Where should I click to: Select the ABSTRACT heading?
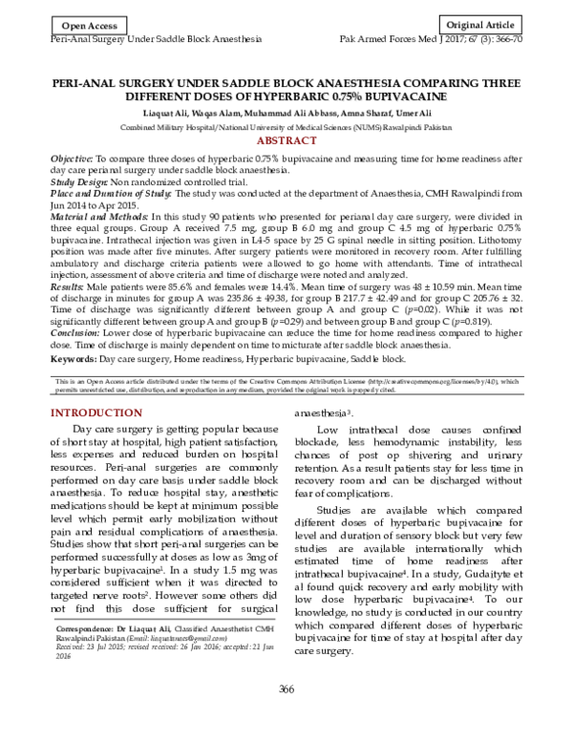[286, 140]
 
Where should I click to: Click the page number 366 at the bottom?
[286, 716]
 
